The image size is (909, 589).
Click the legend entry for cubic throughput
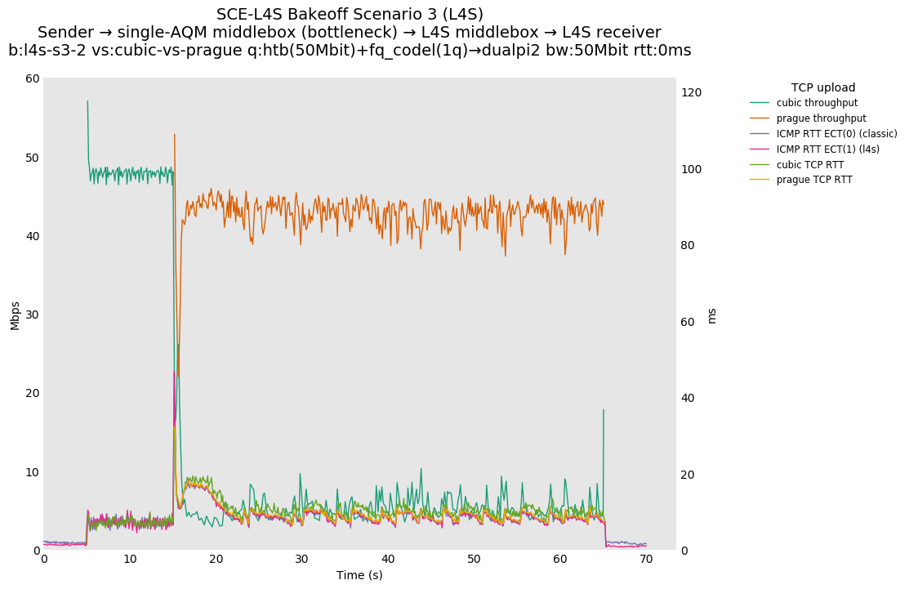[817, 103]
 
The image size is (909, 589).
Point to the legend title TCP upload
[823, 87]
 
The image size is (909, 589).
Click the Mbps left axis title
[15, 315]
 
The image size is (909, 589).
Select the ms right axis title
[711, 315]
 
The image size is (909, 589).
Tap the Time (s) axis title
[359, 575]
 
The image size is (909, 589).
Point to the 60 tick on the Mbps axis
[32, 78]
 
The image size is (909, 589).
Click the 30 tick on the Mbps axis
[32, 315]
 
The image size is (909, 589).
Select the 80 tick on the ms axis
[690, 246]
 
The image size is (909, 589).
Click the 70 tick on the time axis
[646, 560]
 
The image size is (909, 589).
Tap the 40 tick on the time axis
[388, 560]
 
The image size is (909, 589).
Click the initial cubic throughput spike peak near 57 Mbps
[87, 101]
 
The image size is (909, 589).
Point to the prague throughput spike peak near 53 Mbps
[174, 134]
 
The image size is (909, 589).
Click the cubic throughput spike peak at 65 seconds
[604, 410]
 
